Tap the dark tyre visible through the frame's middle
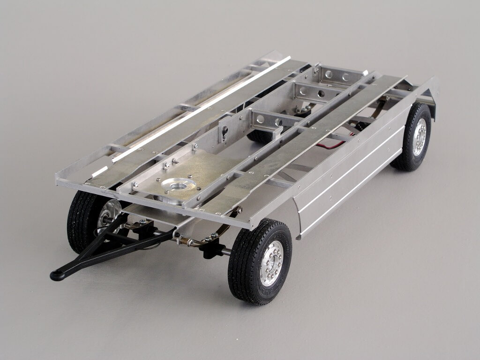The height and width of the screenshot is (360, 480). [259, 136]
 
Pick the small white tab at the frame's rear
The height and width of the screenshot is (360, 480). [365, 73]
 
